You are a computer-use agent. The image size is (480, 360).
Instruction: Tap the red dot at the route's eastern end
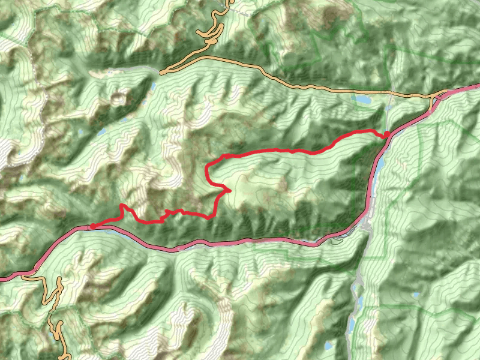coord(387,133)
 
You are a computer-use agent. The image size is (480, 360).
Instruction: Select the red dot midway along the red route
coord(227,156)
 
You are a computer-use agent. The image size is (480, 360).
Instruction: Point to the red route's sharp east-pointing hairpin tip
coord(230,191)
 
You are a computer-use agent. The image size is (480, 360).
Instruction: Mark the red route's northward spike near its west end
coord(123,206)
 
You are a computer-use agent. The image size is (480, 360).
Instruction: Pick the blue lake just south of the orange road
coord(362,99)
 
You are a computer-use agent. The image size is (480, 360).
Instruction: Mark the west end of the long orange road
coord(161,72)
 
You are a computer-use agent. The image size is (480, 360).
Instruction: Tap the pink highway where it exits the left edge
coord(2,279)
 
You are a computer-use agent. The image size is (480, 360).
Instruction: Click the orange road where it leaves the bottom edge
coord(59,358)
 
